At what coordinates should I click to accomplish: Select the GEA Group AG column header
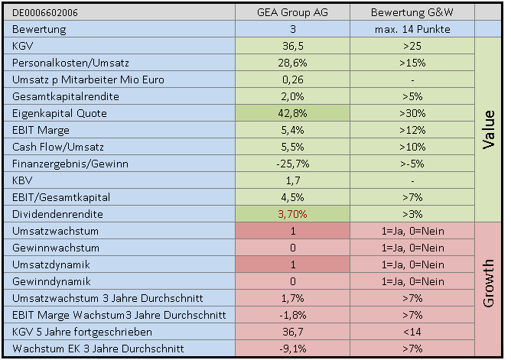293,13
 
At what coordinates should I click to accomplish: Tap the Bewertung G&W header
412,13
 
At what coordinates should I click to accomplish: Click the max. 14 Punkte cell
412,29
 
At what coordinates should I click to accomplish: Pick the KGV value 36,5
293,46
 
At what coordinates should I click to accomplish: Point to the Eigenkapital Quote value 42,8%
293,113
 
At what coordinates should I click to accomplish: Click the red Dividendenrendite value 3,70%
293,214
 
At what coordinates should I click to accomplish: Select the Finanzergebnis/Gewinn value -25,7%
293,164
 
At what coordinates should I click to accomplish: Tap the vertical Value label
489,130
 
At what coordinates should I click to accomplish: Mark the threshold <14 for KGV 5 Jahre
412,332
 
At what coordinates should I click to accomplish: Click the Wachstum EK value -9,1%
293,349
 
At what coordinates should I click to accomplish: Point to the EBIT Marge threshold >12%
412,130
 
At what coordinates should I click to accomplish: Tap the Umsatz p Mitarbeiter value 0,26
293,79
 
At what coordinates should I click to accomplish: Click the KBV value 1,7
293,180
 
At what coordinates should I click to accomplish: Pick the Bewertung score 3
293,29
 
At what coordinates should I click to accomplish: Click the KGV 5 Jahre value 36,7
293,332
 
